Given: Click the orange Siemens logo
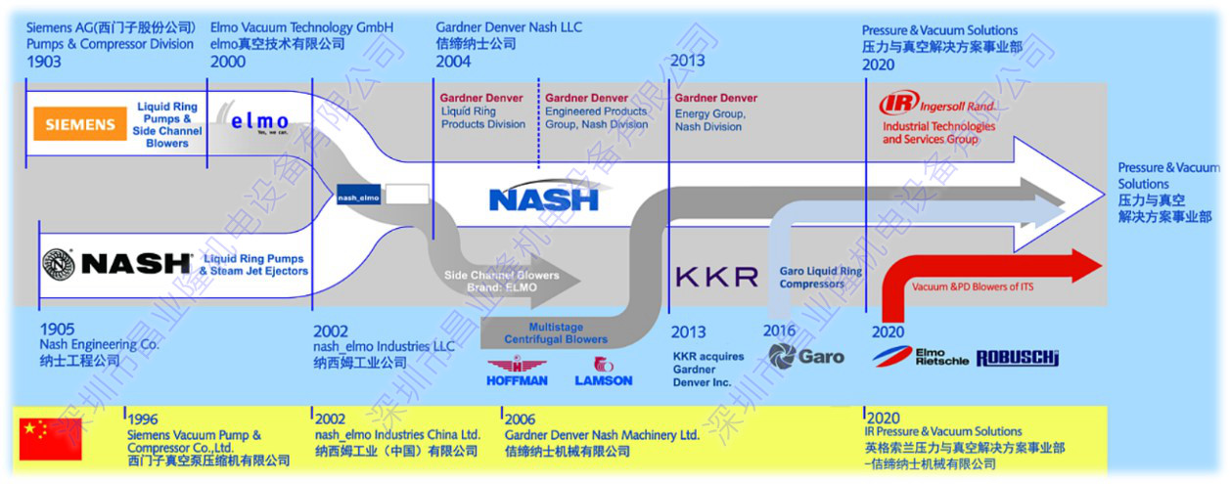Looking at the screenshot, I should coord(79,125).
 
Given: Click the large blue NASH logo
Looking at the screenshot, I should coord(543,198).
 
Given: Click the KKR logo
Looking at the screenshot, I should coord(716,277).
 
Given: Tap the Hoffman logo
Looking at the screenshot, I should coord(517,373).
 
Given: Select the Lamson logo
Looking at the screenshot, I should coord(604,373).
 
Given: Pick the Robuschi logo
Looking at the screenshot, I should coord(1017,358).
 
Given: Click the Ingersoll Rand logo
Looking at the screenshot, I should coord(937,104).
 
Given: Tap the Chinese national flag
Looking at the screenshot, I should coord(51,438).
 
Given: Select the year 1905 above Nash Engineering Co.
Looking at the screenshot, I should coord(57,330).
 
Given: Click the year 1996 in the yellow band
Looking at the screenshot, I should coord(143,419).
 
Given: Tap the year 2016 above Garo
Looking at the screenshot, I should coord(780,330).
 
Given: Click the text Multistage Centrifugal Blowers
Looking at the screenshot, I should coord(556,333).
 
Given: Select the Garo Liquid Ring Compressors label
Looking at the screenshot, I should coord(820,278).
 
